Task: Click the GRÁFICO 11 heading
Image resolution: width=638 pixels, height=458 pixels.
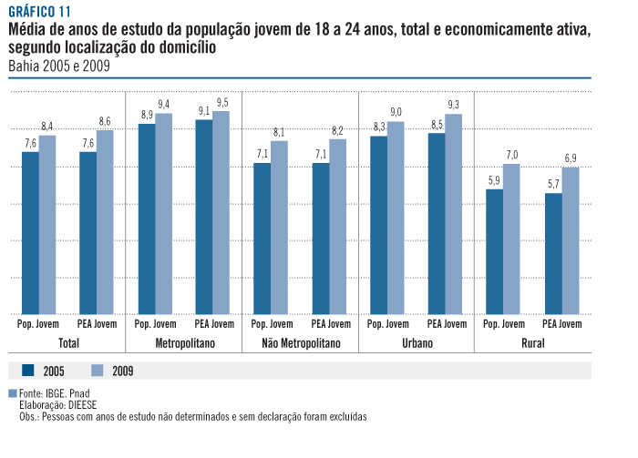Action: pos(38,12)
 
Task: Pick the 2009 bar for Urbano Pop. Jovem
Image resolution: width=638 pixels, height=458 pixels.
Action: pos(396,218)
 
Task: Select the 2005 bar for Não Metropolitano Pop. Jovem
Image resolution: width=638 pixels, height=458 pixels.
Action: pos(262,238)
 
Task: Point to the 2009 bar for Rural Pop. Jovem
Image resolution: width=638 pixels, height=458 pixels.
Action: pos(511,239)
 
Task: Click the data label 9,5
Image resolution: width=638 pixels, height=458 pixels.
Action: pos(222,101)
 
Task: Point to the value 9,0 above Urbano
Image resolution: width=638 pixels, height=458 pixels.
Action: pos(396,112)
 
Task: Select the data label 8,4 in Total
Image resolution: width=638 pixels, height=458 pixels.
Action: pos(47,126)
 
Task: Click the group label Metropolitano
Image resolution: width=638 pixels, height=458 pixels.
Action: pos(183,343)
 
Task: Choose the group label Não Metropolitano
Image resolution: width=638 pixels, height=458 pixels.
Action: pos(300,343)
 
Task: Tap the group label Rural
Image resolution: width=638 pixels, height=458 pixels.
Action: pos(533,343)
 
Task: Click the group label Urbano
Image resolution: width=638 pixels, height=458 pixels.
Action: pos(416,343)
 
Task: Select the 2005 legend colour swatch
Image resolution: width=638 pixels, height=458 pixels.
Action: pos(27,370)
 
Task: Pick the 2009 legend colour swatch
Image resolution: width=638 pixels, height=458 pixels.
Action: pos(99,370)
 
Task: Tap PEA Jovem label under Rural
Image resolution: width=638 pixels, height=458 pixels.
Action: pos(561,323)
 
